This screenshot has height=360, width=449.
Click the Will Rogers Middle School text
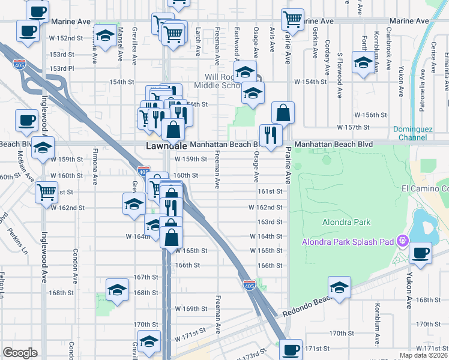point(212,81)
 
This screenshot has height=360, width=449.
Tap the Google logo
point(20,353)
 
